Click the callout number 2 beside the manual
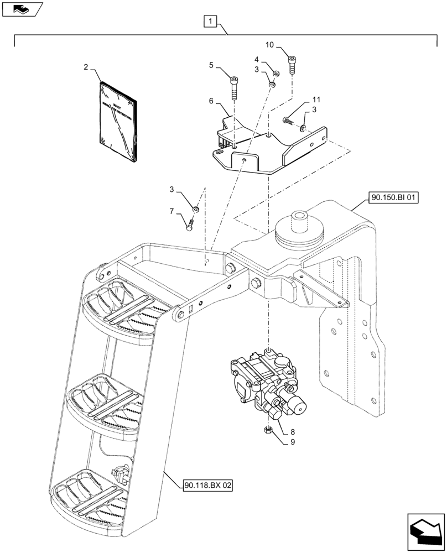pyautogui.click(x=86, y=67)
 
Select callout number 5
pyautogui.click(x=211, y=65)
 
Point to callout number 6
pyautogui.click(x=211, y=101)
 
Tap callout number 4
pyautogui.click(x=257, y=59)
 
